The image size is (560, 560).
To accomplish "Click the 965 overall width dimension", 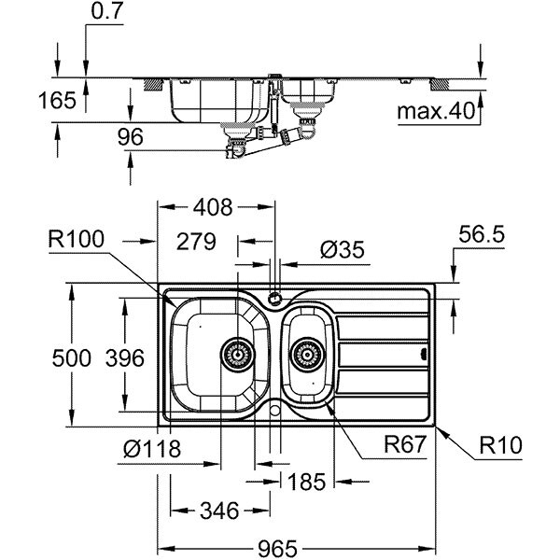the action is [277, 548].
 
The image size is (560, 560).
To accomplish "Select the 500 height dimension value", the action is [72, 358].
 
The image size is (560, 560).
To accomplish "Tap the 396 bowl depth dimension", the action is [125, 358].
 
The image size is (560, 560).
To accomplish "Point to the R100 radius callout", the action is [77, 239].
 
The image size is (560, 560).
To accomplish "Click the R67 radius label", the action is [405, 444].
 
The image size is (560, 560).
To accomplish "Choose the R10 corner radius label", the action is [500, 445].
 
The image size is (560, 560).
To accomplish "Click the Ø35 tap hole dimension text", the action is [343, 249].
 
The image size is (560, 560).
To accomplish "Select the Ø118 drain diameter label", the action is [152, 449].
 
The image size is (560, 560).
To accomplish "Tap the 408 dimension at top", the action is [213, 207].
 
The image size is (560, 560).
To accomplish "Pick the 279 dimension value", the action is [196, 242].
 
